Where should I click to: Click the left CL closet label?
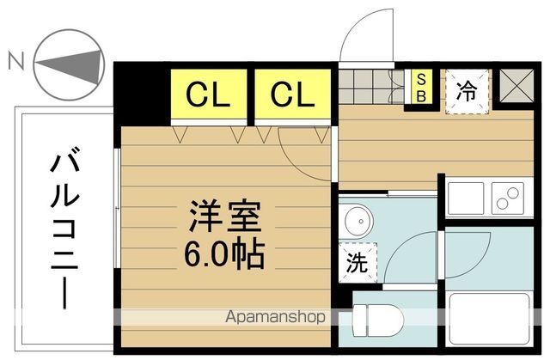click(x=210, y=94)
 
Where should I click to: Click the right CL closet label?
click(x=293, y=94)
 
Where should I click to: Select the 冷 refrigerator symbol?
click(x=467, y=89)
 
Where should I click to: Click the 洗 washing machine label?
click(x=356, y=263)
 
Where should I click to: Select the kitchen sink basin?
click(x=465, y=199)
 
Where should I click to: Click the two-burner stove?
click(x=509, y=199)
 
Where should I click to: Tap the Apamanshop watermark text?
click(x=275, y=317)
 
